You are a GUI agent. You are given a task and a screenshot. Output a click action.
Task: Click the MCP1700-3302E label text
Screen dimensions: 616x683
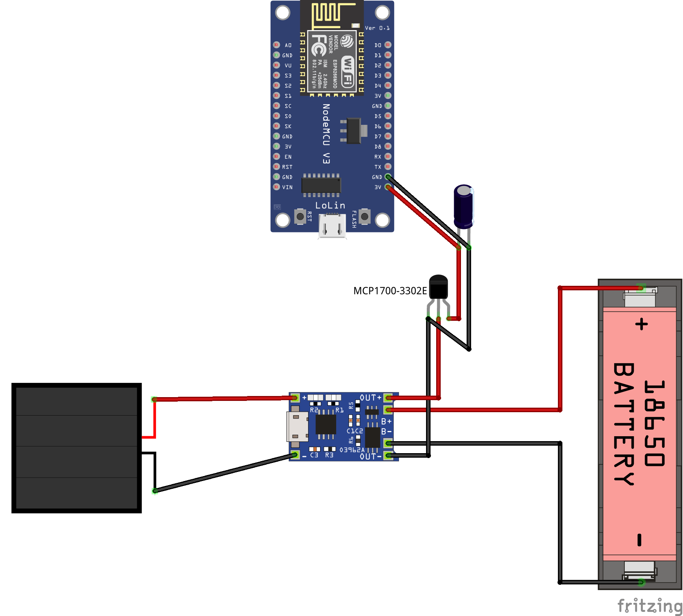point(390,291)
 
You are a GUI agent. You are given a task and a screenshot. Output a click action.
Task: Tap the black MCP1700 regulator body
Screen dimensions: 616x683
point(438,287)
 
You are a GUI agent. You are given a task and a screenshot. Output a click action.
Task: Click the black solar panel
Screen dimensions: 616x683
point(77,448)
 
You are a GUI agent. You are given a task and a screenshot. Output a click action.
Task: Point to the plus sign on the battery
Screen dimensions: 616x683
point(641,324)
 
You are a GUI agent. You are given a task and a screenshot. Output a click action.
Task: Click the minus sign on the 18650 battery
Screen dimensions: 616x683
point(639,540)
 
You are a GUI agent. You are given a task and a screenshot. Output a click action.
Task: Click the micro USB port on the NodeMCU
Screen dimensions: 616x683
point(332,225)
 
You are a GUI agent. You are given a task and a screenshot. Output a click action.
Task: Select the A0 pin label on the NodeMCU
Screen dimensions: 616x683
point(288,45)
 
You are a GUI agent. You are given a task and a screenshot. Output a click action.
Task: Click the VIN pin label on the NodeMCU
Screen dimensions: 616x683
point(287,187)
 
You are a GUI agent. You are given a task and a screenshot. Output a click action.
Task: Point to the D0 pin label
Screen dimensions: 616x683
point(378,45)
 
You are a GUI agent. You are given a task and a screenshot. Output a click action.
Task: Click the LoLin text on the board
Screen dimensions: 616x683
point(330,205)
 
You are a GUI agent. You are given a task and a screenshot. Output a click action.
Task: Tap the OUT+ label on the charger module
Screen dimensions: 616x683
point(370,398)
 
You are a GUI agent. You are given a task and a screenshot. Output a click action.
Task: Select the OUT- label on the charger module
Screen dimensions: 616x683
point(370,457)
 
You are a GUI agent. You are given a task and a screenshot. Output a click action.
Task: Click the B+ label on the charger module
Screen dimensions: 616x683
point(386,422)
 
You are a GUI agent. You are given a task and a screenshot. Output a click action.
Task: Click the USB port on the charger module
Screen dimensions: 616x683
point(297,426)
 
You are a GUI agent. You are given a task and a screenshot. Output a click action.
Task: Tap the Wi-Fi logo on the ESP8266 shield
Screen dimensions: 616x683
point(348,71)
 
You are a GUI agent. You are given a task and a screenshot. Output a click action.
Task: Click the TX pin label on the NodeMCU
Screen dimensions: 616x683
point(378,167)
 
